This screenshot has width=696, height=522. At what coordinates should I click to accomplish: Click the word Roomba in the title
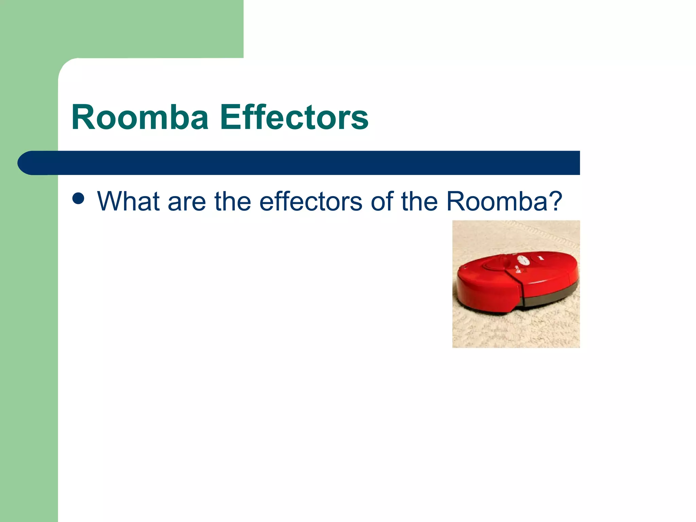tap(140, 117)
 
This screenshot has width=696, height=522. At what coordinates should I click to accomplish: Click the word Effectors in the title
tap(294, 117)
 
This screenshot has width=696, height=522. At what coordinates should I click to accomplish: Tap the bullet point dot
tap(78, 198)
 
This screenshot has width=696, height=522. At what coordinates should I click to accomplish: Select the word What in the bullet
tap(128, 201)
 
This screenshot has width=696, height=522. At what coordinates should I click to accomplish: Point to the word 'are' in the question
tap(187, 202)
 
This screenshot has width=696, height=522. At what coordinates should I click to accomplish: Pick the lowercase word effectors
tap(311, 201)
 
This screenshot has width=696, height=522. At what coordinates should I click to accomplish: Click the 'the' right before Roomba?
tap(419, 201)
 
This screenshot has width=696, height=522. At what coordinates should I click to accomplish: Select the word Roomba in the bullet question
tap(496, 201)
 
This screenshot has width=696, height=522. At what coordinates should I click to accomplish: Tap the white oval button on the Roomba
tap(524, 261)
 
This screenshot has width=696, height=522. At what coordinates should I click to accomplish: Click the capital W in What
tap(110, 201)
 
